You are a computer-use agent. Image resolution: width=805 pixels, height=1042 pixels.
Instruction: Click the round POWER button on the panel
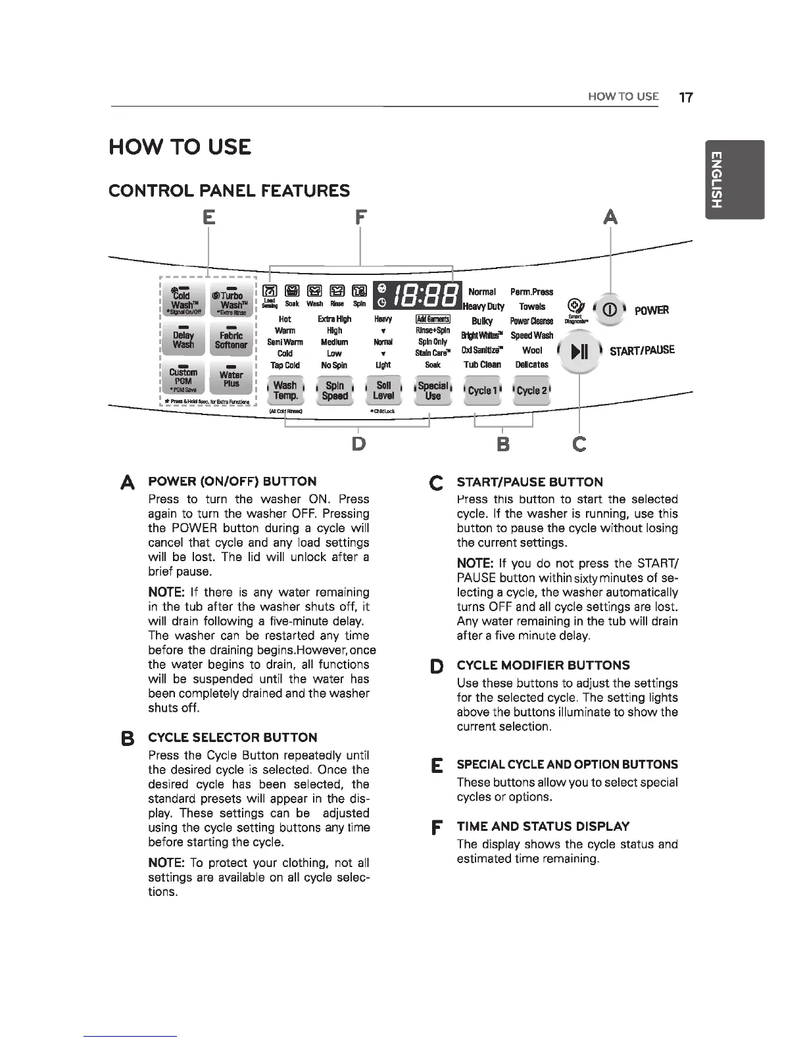(x=610, y=310)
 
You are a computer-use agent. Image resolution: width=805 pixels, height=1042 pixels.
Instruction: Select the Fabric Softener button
(x=231, y=339)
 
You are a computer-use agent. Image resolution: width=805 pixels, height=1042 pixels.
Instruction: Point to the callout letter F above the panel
(x=360, y=216)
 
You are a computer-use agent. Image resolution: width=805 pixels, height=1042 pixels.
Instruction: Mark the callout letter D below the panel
(x=358, y=444)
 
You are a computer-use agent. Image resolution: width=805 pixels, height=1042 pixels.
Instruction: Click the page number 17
(x=685, y=97)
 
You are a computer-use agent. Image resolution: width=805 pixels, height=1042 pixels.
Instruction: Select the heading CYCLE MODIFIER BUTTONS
(x=543, y=665)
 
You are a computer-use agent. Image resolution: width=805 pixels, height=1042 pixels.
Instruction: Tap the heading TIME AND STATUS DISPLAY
(x=543, y=826)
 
